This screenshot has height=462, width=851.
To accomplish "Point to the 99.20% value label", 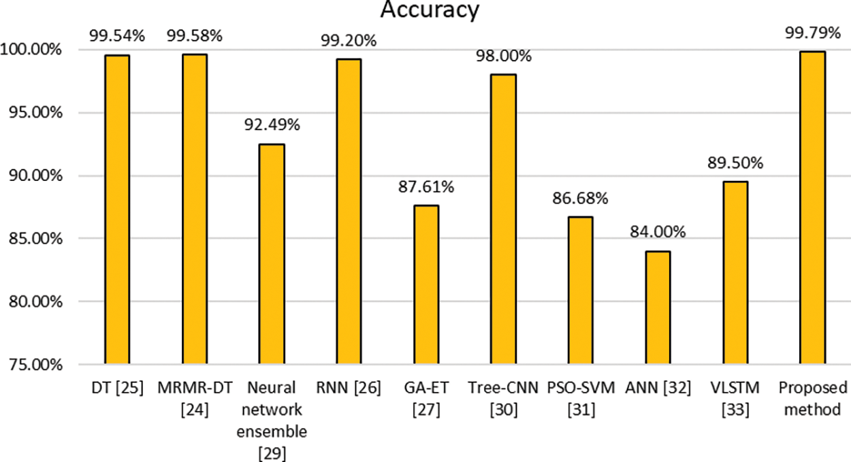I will (349, 42).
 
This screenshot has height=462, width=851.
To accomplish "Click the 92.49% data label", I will (272, 125).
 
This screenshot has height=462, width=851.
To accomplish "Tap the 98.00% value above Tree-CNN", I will (503, 56).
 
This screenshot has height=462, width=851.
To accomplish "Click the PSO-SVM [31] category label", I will (581, 399).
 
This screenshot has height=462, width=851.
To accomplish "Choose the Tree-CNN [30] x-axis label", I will (503, 399).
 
